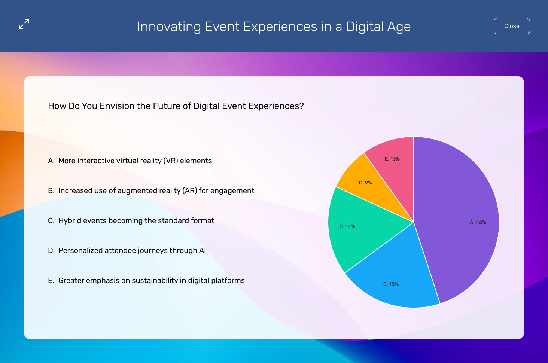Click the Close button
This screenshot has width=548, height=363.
[512, 26]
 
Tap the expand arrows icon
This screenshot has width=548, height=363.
[24, 24]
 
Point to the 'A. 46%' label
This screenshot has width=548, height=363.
[478, 222]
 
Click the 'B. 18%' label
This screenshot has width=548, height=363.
[391, 284]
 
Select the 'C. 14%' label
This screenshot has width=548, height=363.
[347, 226]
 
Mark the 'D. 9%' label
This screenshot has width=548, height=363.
[365, 183]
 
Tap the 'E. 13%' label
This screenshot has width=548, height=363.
[392, 159]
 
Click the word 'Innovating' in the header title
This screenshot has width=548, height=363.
[169, 27]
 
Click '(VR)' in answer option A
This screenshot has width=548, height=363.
[171, 161]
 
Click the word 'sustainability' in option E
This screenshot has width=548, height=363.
[155, 281]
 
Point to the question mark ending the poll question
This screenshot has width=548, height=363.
[302, 106]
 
